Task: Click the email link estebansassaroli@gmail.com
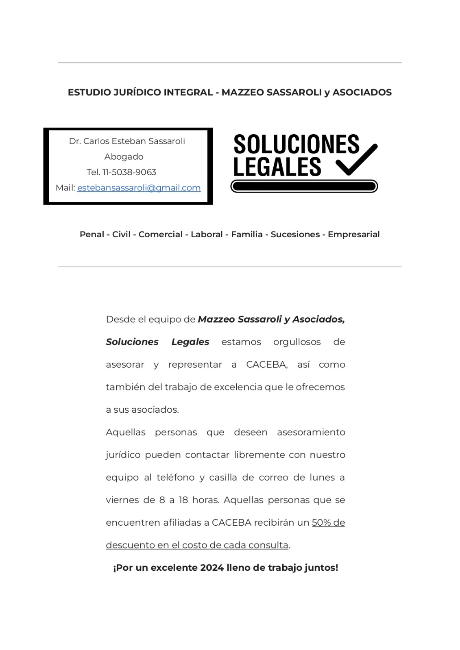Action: [x=139, y=188]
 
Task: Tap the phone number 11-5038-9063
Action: [x=129, y=172]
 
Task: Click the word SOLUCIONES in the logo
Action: [x=296, y=144]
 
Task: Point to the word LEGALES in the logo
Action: [x=277, y=167]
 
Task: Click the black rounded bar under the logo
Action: [x=304, y=186]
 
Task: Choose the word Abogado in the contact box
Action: [x=124, y=157]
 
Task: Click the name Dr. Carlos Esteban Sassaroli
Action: [x=127, y=141]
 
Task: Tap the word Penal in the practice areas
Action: [x=92, y=234]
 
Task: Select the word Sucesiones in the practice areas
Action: [x=295, y=234]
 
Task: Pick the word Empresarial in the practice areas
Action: [x=353, y=234]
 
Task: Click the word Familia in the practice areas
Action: [x=246, y=234]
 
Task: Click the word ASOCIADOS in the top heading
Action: [x=362, y=93]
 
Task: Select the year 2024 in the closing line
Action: [x=211, y=568]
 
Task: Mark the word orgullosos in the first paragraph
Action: [x=296, y=342]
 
